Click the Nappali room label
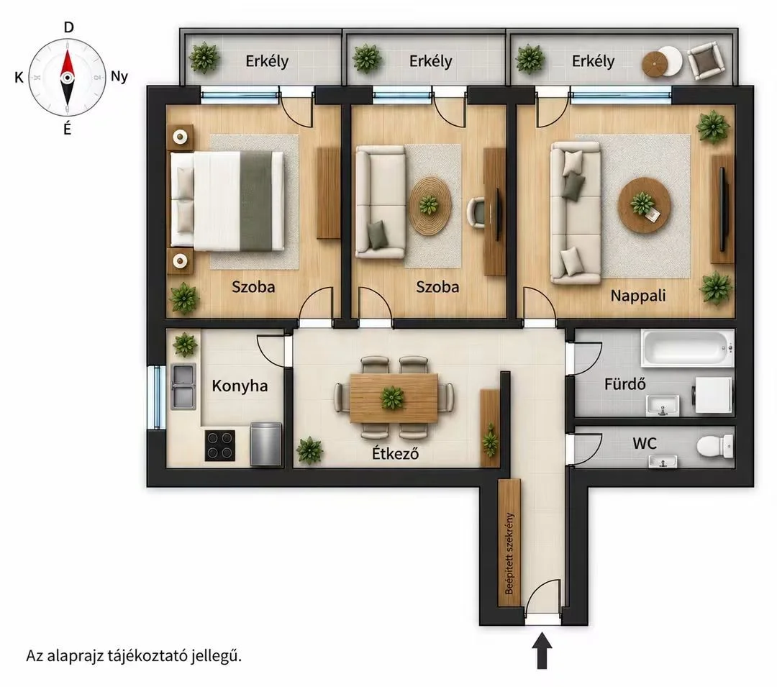pyautogui.click(x=637, y=296)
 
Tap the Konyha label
pyautogui.click(x=240, y=386)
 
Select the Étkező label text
pyautogui.click(x=396, y=453)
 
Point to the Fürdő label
pyautogui.click(x=625, y=384)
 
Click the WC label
pyautogui.click(x=645, y=443)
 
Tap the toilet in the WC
pyautogui.click(x=714, y=445)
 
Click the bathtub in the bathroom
pyautogui.click(x=687, y=348)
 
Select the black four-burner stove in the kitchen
pyautogui.click(x=220, y=445)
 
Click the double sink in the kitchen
pyautogui.click(x=183, y=386)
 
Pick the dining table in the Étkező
pyautogui.click(x=394, y=399)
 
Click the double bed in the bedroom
pyautogui.click(x=227, y=201)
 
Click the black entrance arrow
pyautogui.click(x=542, y=650)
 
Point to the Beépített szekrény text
pyautogui.click(x=509, y=553)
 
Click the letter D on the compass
pyautogui.click(x=69, y=27)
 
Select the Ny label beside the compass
pyautogui.click(x=119, y=77)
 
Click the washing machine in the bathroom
pyautogui.click(x=712, y=395)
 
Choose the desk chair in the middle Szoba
pyautogui.click(x=477, y=212)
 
